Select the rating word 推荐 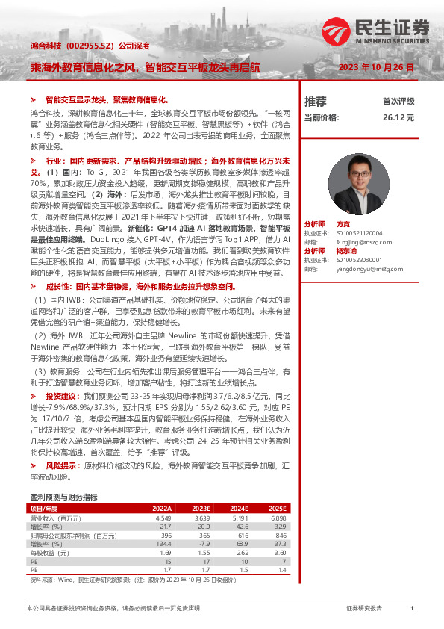316,102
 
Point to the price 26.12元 398,117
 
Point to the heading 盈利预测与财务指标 63,496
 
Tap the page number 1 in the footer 411,609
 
